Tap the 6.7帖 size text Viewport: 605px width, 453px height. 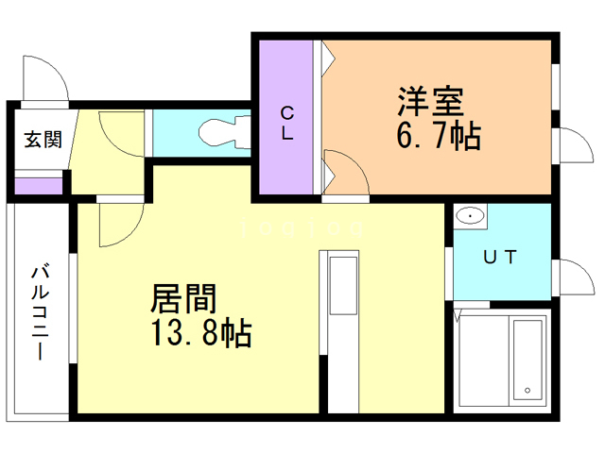point(437,137)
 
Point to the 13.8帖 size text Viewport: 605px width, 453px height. point(200,332)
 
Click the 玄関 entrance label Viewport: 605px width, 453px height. point(43,141)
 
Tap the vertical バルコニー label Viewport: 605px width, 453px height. point(40,311)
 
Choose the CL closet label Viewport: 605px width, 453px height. point(286,123)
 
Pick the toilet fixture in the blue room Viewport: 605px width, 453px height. point(219,133)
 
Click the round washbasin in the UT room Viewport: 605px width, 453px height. point(470,217)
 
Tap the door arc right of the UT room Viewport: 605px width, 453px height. point(571,277)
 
